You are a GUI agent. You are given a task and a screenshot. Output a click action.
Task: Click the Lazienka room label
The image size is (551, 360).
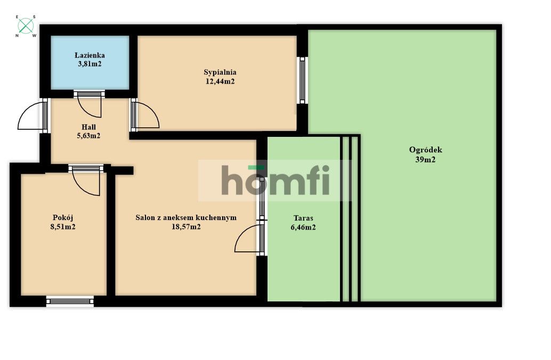[90, 55]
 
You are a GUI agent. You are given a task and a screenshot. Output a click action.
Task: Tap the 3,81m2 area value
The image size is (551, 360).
[90, 64]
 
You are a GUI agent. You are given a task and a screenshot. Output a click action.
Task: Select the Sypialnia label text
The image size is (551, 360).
[220, 72]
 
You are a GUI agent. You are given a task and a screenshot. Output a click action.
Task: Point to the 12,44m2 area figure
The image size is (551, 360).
[220, 81]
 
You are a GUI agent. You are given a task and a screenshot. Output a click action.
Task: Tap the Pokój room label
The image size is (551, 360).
[62, 217]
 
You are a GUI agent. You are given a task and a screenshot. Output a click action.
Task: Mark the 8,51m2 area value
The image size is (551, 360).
[62, 226]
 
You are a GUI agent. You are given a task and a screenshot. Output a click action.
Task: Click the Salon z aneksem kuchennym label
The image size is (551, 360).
[186, 217]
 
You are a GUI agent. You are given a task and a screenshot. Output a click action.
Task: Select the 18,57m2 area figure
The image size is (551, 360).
[186, 226]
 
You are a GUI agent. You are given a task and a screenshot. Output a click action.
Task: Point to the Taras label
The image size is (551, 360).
[303, 218]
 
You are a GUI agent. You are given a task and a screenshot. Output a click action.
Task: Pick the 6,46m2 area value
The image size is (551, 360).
[303, 227]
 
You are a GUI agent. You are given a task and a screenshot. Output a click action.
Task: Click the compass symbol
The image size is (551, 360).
[26, 26]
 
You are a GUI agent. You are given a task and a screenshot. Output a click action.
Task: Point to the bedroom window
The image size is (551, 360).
[302, 80]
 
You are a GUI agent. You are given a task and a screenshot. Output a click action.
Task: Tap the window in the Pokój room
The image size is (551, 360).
[70, 301]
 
